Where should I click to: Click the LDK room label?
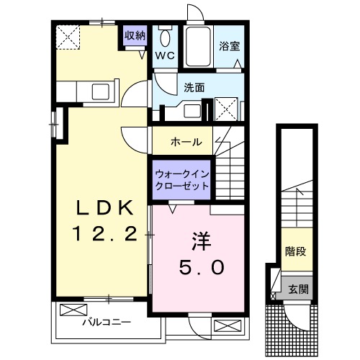(x=104, y=208)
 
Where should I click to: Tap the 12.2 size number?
(x=104, y=233)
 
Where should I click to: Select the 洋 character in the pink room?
(x=201, y=239)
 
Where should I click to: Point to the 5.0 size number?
(x=201, y=266)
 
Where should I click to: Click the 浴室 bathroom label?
(x=230, y=45)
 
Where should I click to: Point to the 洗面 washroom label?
(x=194, y=87)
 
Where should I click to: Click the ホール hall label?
(x=185, y=142)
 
